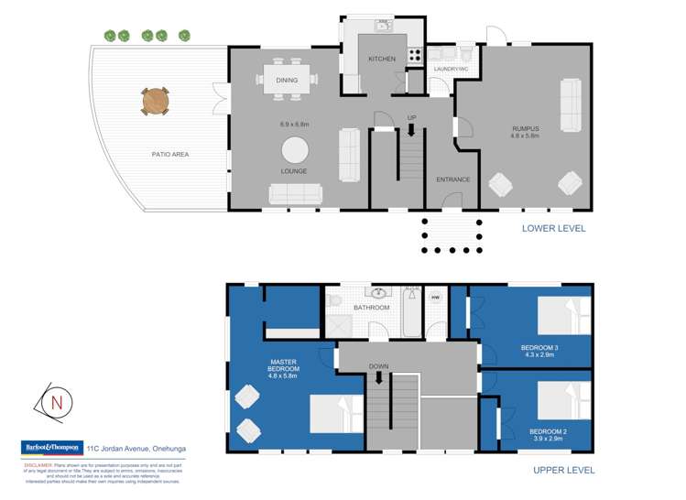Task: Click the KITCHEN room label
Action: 382,59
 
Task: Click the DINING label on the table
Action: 286,81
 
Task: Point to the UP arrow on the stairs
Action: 411,129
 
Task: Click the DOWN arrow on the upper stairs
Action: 379,376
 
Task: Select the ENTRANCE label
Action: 452,179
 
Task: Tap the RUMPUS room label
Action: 525,128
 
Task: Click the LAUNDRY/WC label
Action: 451,69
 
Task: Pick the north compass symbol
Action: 57,402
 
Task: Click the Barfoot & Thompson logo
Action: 51,448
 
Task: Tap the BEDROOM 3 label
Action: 539,348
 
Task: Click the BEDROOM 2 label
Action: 549,430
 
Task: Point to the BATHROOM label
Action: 372,308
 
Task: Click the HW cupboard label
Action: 436,297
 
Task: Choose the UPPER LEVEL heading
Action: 563,470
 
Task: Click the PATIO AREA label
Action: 170,154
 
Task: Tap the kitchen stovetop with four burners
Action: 414,54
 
